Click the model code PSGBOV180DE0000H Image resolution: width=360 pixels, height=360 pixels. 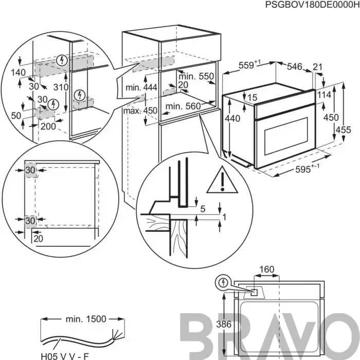pyautogui.click(x=313, y=5)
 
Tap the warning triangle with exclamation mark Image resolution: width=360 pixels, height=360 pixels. pyautogui.click(x=222, y=179)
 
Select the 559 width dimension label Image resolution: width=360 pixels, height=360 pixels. pyautogui.click(x=250, y=65)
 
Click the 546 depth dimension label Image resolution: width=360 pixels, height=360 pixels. pyautogui.click(x=295, y=66)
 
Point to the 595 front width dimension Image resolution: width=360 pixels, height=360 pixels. pyautogui.click(x=307, y=169)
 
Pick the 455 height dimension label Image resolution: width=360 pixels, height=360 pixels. pyautogui.click(x=343, y=130)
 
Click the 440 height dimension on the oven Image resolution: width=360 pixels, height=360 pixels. pyautogui.click(x=232, y=118)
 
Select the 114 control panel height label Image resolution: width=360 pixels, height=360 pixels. pyautogui.click(x=324, y=95)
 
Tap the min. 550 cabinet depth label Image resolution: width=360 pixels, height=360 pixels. pyautogui.click(x=196, y=76)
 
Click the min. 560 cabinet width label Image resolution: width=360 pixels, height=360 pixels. pyautogui.click(x=183, y=106)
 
